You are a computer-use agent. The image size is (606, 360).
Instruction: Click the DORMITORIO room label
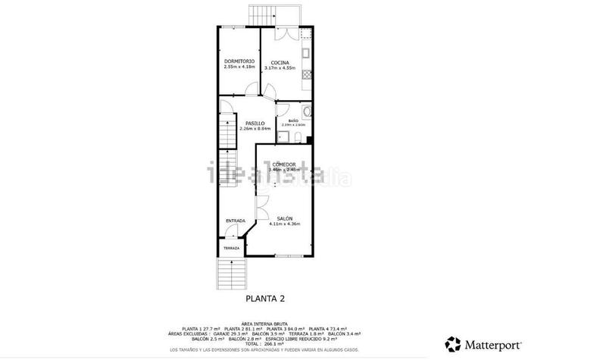pos(239,61)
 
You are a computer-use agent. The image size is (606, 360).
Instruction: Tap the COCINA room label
pos(279,62)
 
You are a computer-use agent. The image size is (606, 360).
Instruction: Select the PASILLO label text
pos(255,123)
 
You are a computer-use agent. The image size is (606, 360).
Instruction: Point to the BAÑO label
pos(292,121)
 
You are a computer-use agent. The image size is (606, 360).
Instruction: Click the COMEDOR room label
pos(284,164)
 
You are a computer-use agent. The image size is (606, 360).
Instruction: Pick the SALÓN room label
pos(284,218)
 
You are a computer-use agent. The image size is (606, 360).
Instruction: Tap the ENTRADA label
pos(236,221)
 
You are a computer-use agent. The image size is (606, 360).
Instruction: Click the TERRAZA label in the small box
pos(231,249)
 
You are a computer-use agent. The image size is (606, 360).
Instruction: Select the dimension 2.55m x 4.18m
pos(239,67)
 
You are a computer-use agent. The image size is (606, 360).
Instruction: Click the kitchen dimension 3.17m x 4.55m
pos(280,68)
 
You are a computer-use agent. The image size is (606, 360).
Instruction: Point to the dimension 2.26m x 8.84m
pos(255,128)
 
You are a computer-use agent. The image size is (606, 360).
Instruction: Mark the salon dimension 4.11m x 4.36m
pos(284,224)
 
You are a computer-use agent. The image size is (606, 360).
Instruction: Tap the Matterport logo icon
pos(452,344)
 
